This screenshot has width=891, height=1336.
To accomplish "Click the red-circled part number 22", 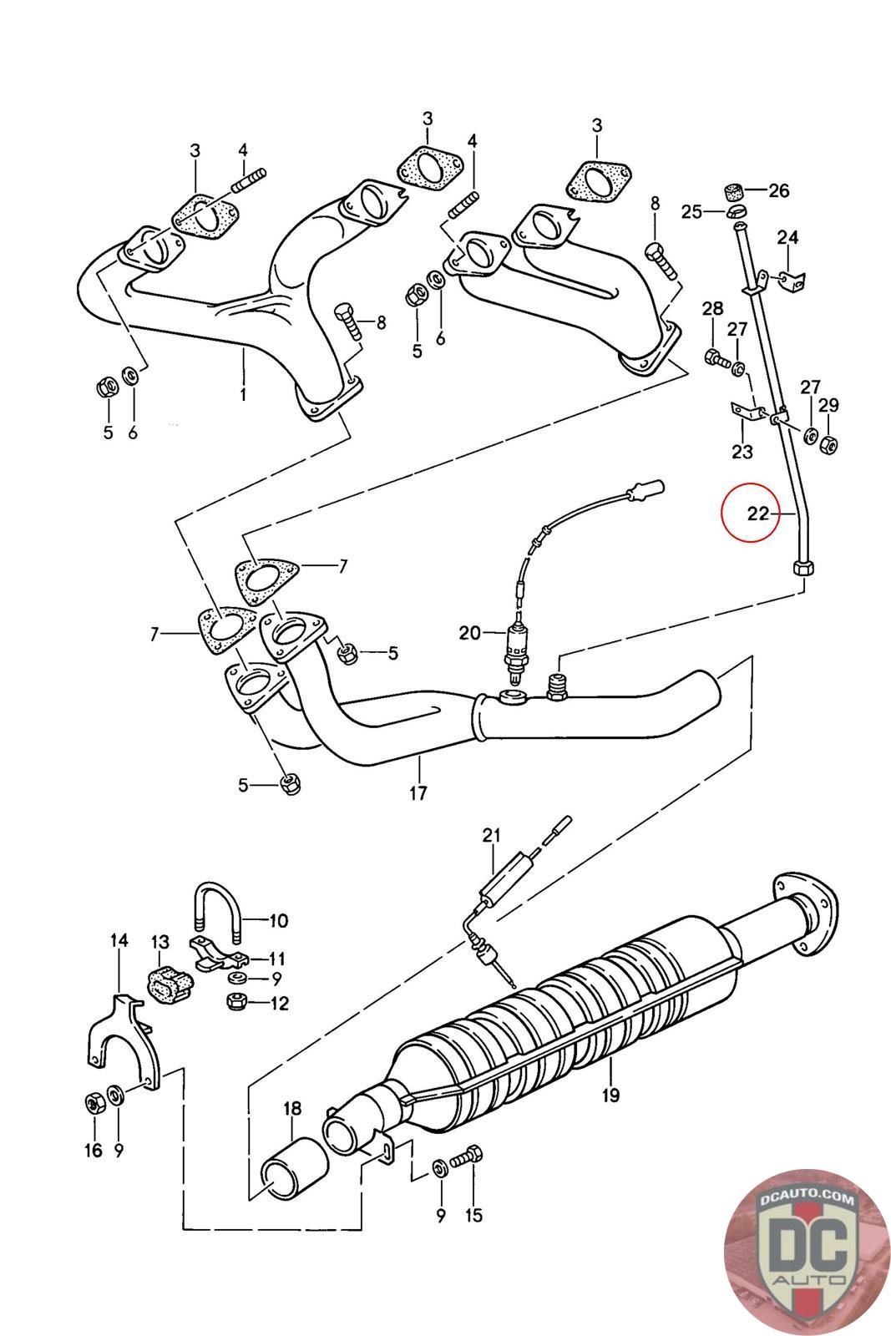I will pos(757,513).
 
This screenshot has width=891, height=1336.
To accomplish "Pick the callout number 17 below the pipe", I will pos(418,792).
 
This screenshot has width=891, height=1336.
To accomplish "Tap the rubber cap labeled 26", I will pos(734,190).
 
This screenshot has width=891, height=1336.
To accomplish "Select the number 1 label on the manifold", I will pos(243,392).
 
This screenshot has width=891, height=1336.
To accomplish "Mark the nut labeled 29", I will pos(828,444).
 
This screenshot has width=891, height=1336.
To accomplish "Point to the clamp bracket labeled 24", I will pos(788,279).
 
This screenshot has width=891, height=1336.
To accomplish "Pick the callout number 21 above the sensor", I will pos(491,835).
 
